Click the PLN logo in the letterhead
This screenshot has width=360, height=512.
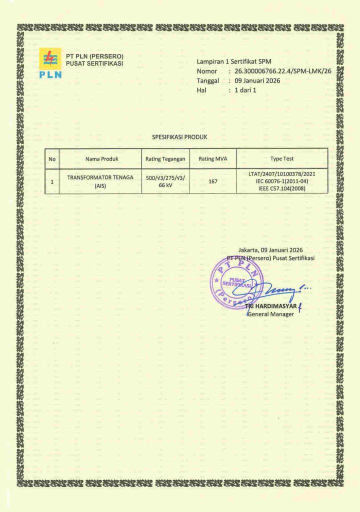coord(50,63)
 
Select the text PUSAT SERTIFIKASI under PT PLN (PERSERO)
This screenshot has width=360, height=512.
coord(94,64)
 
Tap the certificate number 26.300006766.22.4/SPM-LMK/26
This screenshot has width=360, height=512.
coord(283,71)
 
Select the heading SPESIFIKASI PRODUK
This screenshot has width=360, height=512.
coord(179,136)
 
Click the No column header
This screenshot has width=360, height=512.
coord(52,159)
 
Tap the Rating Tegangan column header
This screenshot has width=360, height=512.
coord(165,159)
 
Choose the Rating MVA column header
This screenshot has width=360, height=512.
coord(213,159)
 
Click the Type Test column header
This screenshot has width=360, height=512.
coord(282,159)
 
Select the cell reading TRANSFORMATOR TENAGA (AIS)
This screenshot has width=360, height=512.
coord(100,181)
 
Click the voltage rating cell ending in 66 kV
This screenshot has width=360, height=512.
coord(165,181)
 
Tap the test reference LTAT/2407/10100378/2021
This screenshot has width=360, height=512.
coord(282,173)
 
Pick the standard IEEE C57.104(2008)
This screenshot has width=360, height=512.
coord(282,188)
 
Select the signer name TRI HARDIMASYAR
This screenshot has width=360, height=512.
coord(274,306)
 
